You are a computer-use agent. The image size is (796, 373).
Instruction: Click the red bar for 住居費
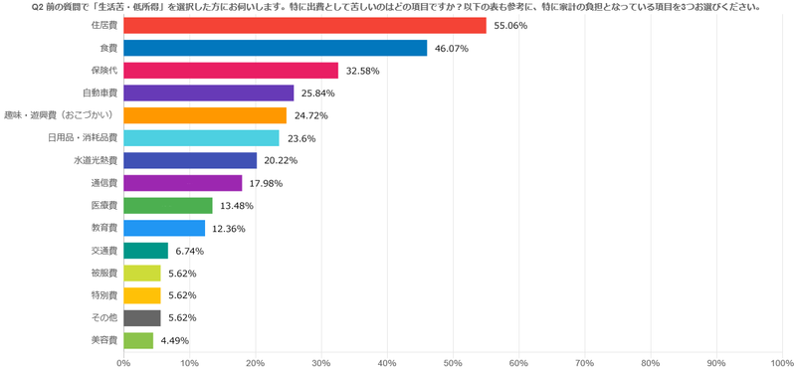coord(304,26)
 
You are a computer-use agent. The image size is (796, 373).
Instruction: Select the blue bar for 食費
coord(276,48)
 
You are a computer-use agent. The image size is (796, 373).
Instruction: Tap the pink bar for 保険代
coord(231,71)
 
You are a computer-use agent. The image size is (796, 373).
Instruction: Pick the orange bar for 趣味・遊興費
coord(205,115)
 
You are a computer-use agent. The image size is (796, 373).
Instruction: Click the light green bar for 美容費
coord(138,340)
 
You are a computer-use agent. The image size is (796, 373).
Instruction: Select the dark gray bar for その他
coord(141,318)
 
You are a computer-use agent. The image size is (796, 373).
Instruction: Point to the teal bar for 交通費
coord(145,251)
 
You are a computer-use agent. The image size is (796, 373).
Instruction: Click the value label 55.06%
coord(510,26)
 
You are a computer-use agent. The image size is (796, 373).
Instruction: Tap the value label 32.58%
coord(362,71)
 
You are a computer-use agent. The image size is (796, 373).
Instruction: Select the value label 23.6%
coord(301,138)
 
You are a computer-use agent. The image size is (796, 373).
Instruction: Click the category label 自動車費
coord(100,93)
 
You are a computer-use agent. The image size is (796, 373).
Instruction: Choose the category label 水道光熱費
coord(96,161)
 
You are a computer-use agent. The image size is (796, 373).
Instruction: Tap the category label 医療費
coord(105,206)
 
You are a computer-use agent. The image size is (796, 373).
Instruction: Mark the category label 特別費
coord(105,295)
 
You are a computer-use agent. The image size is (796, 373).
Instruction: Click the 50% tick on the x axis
coord(453,363)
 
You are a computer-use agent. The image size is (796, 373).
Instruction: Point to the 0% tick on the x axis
coord(123,363)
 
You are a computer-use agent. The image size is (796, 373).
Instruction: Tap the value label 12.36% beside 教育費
coord(230,229)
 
